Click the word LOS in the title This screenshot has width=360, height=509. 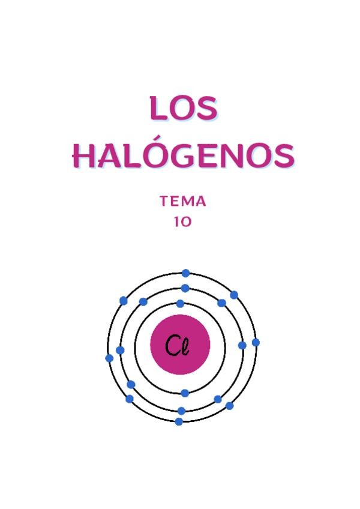point(183,108)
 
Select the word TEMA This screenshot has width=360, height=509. point(183,202)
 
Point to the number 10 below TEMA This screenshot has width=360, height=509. point(183,221)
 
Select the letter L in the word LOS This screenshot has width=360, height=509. point(158,109)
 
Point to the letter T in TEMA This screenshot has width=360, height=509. point(165,202)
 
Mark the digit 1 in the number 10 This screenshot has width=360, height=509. point(177,221)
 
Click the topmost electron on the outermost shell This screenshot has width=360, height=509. point(185,273)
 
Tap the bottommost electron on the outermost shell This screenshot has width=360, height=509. point(179,421)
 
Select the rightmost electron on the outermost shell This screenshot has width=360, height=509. point(256,343)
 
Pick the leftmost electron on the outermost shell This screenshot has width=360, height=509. point(109,358)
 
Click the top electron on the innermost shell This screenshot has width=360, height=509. point(180,304)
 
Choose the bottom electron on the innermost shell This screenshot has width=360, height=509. point(185,393)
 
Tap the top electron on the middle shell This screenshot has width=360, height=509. point(185,288)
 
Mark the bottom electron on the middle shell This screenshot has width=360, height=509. point(181,411)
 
